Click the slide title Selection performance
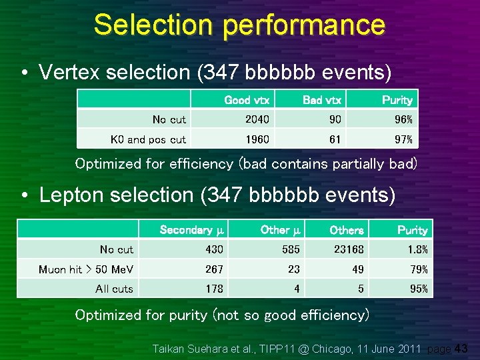(239, 25)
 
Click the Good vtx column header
(247, 100)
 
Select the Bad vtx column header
(322, 100)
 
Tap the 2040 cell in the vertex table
(257, 119)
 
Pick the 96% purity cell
(403, 119)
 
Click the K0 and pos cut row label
(148, 139)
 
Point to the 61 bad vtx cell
(335, 139)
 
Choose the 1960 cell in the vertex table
(257, 139)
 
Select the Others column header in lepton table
(347, 230)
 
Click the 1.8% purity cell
(417, 249)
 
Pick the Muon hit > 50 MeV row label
(86, 269)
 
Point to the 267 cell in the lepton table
(213, 269)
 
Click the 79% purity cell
(419, 269)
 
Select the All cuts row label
(114, 289)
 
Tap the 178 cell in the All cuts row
(213, 289)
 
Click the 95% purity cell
(419, 289)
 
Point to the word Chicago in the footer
(322, 348)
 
